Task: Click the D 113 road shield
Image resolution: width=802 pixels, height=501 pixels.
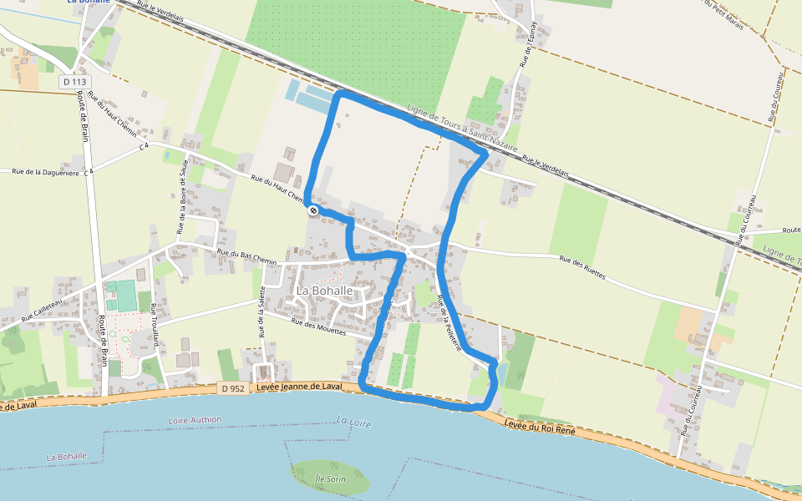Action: pos(74,81)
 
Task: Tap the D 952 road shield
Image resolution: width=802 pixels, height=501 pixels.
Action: pos(232,388)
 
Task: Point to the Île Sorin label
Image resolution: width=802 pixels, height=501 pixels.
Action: pos(331,478)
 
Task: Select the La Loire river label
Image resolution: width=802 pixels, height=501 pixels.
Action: pos(353,422)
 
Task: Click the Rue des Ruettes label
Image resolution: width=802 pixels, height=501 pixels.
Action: pos(581,267)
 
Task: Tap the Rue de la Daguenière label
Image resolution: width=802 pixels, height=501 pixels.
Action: pos(45,172)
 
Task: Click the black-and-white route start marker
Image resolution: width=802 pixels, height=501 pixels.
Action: pos(312,211)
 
